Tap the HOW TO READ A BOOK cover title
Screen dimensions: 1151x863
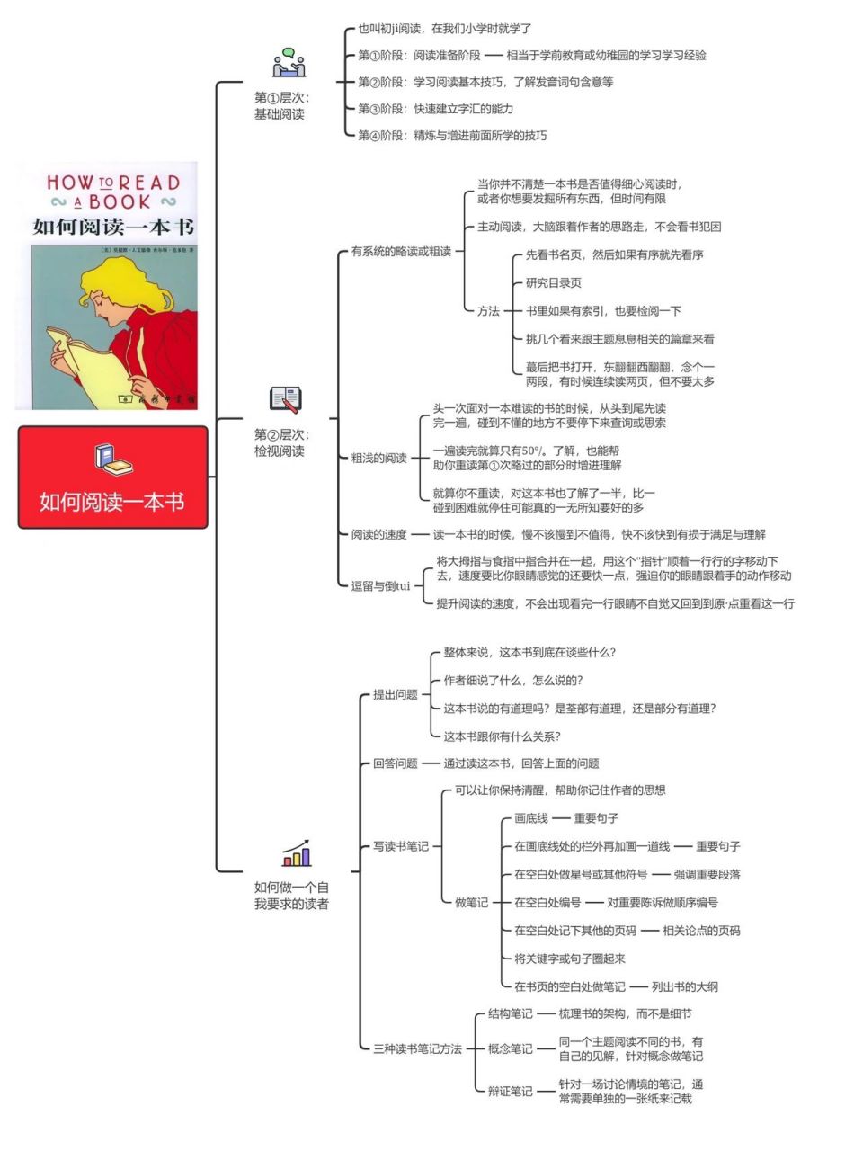tap(113, 192)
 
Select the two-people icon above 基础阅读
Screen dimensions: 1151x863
tap(289, 63)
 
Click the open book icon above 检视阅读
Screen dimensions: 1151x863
tap(286, 399)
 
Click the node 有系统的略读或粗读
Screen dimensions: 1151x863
tap(401, 252)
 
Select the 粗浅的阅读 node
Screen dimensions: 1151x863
tap(378, 458)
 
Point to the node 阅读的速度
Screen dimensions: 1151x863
tap(378, 534)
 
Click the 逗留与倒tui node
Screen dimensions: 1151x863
tap(380, 586)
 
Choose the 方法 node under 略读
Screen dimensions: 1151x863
tap(488, 311)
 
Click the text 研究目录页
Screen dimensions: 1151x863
tap(553, 283)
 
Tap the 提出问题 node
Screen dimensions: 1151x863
tap(396, 694)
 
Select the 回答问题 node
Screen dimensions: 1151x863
tap(396, 763)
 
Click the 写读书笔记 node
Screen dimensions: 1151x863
tap(401, 846)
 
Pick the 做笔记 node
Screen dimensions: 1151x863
tap(471, 903)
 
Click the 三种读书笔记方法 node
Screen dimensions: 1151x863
tap(417, 1048)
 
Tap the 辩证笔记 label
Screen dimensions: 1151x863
tap(510, 1092)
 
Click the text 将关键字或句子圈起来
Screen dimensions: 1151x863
tap(569, 959)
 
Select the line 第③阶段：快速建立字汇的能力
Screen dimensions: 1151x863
tap(435, 109)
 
